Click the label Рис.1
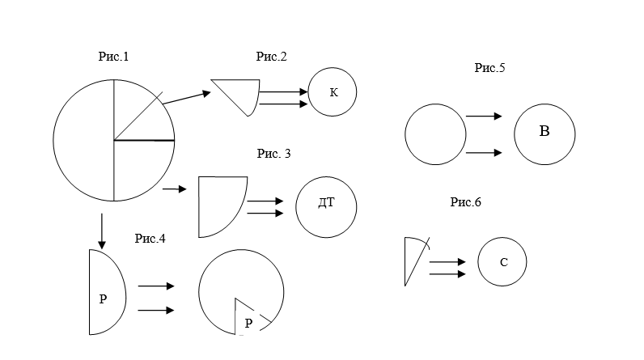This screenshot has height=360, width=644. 113,57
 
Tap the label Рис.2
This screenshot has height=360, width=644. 272,57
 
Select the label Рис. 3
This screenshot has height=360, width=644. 273,153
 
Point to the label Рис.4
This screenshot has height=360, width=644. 150,238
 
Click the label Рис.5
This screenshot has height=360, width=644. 489,69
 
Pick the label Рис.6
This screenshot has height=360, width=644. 466,202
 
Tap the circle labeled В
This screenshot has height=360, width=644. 545,133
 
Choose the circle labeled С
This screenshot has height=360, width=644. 502,263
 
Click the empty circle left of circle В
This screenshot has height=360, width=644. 434,133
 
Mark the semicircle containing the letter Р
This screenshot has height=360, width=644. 105,293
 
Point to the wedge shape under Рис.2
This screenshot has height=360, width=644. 241,92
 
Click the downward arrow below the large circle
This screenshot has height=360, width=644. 101,231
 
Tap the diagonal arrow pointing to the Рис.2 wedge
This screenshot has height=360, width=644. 186,96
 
